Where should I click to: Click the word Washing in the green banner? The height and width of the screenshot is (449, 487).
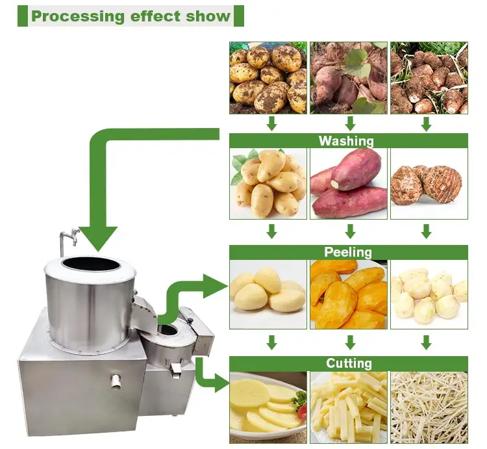pyautogui.click(x=346, y=141)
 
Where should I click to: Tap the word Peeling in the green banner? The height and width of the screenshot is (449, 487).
pyautogui.click(x=348, y=252)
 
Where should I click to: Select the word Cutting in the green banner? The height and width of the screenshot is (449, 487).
pyautogui.click(x=349, y=363)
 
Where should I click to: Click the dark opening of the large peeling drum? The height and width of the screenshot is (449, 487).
pyautogui.click(x=91, y=264)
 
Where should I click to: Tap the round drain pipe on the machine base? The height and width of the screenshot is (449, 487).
pyautogui.click(x=116, y=381)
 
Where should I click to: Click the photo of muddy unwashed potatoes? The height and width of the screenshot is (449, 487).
pyautogui.click(x=268, y=78)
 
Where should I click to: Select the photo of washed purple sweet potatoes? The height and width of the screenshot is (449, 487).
pyautogui.click(x=349, y=184)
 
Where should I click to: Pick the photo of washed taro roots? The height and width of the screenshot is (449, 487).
pyautogui.click(x=429, y=184)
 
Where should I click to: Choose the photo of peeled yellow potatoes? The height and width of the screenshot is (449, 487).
pyautogui.click(x=268, y=294)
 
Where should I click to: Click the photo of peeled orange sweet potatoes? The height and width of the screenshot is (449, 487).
pyautogui.click(x=349, y=294)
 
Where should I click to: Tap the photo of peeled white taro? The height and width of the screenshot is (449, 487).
pyautogui.click(x=429, y=294)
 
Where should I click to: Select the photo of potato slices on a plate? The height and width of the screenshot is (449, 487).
pyautogui.click(x=268, y=407)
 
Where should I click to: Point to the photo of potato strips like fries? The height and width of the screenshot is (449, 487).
pyautogui.click(x=349, y=407)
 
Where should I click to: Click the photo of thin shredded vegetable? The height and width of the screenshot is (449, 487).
pyautogui.click(x=429, y=407)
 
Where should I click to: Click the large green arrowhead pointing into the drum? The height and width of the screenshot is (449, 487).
pyautogui.click(x=98, y=238)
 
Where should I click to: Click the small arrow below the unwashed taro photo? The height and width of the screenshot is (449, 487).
pyautogui.click(x=427, y=124)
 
